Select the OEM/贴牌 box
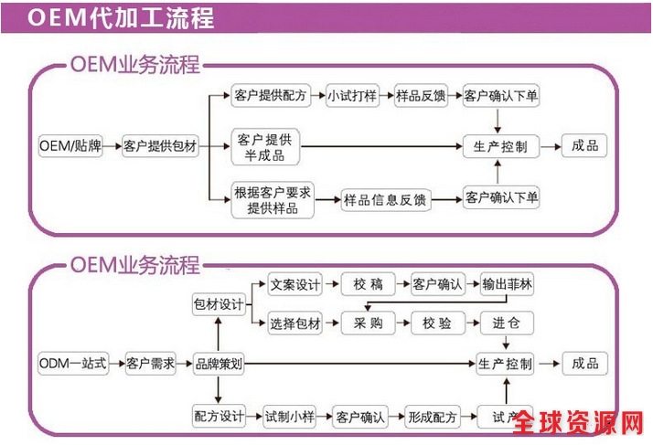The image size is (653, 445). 70,146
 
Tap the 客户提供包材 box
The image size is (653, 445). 161,146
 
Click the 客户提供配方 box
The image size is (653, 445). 272,95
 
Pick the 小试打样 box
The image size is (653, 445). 352,95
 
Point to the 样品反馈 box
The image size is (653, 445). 421,95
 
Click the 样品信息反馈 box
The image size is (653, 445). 384,198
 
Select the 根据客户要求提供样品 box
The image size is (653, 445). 273,199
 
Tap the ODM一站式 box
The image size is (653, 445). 73,364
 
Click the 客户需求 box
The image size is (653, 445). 151,364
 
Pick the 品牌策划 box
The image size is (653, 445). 219,364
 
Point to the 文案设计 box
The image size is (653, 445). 295,285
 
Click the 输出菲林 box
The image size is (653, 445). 507,285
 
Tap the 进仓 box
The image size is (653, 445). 506,323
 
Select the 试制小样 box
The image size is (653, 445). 290,417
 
